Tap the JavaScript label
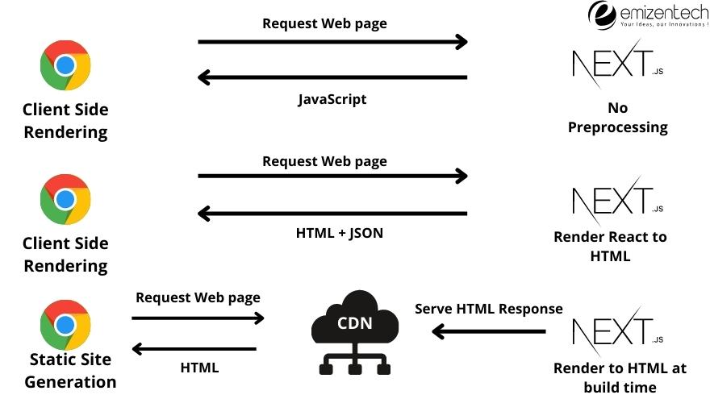(x=332, y=99)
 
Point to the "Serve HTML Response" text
(x=488, y=309)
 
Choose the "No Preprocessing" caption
(x=618, y=117)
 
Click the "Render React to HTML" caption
(x=610, y=247)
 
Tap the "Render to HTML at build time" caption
(x=620, y=376)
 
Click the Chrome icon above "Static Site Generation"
(x=65, y=325)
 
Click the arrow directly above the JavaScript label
(x=332, y=77)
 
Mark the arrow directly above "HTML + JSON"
(x=332, y=214)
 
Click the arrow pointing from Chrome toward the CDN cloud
(x=198, y=318)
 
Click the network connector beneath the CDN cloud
(x=354, y=362)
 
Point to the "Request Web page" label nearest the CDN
(x=198, y=297)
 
